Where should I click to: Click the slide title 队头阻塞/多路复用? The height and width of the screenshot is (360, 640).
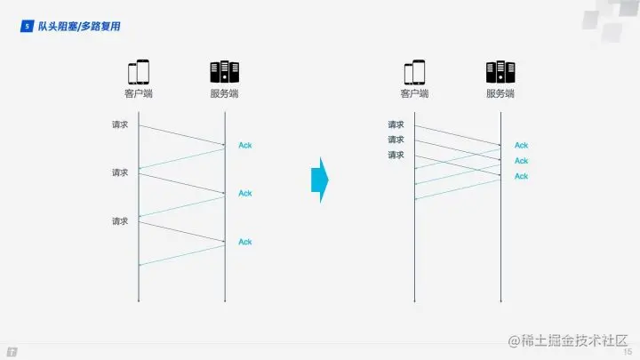[79, 27]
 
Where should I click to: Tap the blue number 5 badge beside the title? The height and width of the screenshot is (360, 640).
[27, 27]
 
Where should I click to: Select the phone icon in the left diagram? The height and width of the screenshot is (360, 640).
[138, 72]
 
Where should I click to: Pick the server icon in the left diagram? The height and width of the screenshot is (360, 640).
[224, 72]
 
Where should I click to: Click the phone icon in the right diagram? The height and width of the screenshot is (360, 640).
[414, 72]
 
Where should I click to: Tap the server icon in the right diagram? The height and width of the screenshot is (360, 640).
[500, 72]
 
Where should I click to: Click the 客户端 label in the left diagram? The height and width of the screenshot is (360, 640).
[138, 93]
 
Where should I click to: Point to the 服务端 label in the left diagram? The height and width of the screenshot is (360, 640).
[224, 93]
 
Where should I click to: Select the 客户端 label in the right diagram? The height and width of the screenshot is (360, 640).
[414, 93]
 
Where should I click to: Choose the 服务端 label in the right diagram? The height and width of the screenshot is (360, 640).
[500, 93]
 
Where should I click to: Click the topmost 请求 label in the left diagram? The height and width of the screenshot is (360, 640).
[120, 124]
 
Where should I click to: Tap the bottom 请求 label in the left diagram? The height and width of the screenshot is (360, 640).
[120, 220]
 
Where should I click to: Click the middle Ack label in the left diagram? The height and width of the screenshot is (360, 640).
[245, 193]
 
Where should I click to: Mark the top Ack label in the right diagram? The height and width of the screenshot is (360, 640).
[522, 145]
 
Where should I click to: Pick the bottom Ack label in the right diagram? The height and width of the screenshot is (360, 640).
[522, 176]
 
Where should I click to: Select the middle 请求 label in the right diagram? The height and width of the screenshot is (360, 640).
[396, 140]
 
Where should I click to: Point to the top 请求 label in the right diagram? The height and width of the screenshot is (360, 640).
[396, 124]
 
